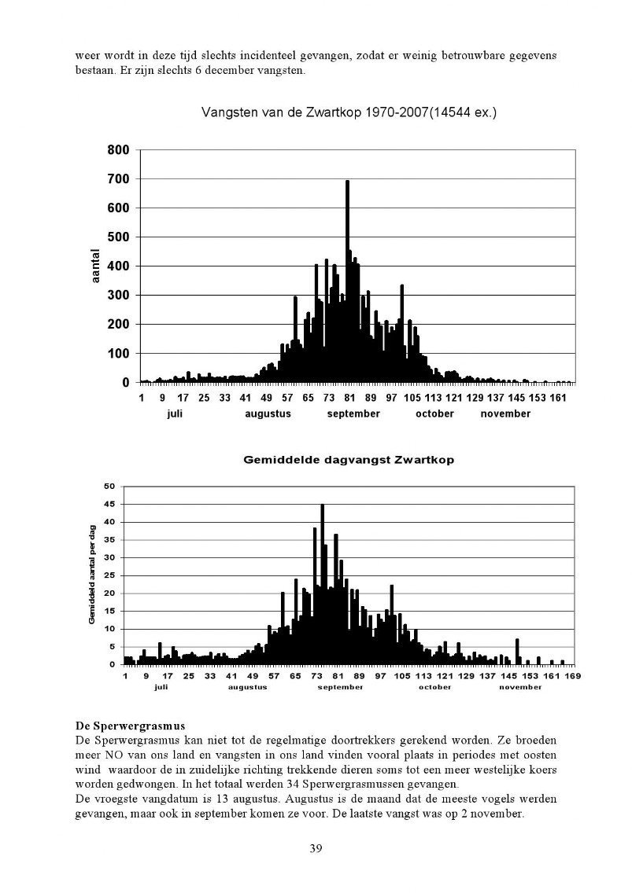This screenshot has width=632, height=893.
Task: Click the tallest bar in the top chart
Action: (x=347, y=281)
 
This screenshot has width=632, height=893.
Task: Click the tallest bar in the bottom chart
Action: (x=322, y=584)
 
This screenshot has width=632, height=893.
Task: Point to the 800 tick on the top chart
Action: (x=118, y=150)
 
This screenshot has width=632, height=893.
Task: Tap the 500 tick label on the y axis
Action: (x=118, y=237)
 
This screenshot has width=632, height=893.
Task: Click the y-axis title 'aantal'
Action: (x=95, y=266)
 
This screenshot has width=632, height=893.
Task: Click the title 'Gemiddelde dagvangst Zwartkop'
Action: (x=349, y=460)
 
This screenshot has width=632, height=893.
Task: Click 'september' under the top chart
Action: (x=353, y=414)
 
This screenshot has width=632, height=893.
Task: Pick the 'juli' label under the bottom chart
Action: (x=161, y=687)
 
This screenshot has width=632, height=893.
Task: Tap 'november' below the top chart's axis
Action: (x=505, y=414)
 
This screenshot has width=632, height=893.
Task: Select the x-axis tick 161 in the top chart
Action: (x=559, y=398)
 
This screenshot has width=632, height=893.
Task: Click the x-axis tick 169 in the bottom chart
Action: (x=573, y=676)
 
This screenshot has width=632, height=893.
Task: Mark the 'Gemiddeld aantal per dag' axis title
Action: (x=92, y=575)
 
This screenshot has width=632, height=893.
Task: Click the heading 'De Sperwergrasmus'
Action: (x=130, y=726)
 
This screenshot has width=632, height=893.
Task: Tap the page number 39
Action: (x=316, y=848)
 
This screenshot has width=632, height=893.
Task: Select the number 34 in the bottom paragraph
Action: (x=305, y=785)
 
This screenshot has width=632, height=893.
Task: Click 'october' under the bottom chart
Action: (x=435, y=687)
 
